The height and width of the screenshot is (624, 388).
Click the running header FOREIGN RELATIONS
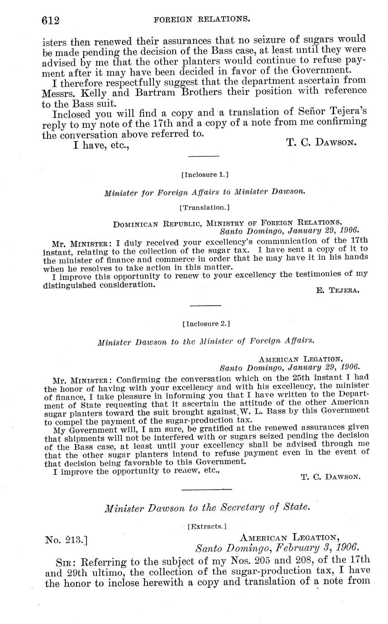202,19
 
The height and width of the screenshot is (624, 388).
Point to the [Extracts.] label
206,526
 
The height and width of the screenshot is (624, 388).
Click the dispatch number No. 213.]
67,539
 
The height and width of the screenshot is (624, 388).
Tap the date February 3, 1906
320,548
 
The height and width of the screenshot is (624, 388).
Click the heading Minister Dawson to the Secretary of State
207,508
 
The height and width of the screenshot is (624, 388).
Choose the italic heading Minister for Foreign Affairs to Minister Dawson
205,192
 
